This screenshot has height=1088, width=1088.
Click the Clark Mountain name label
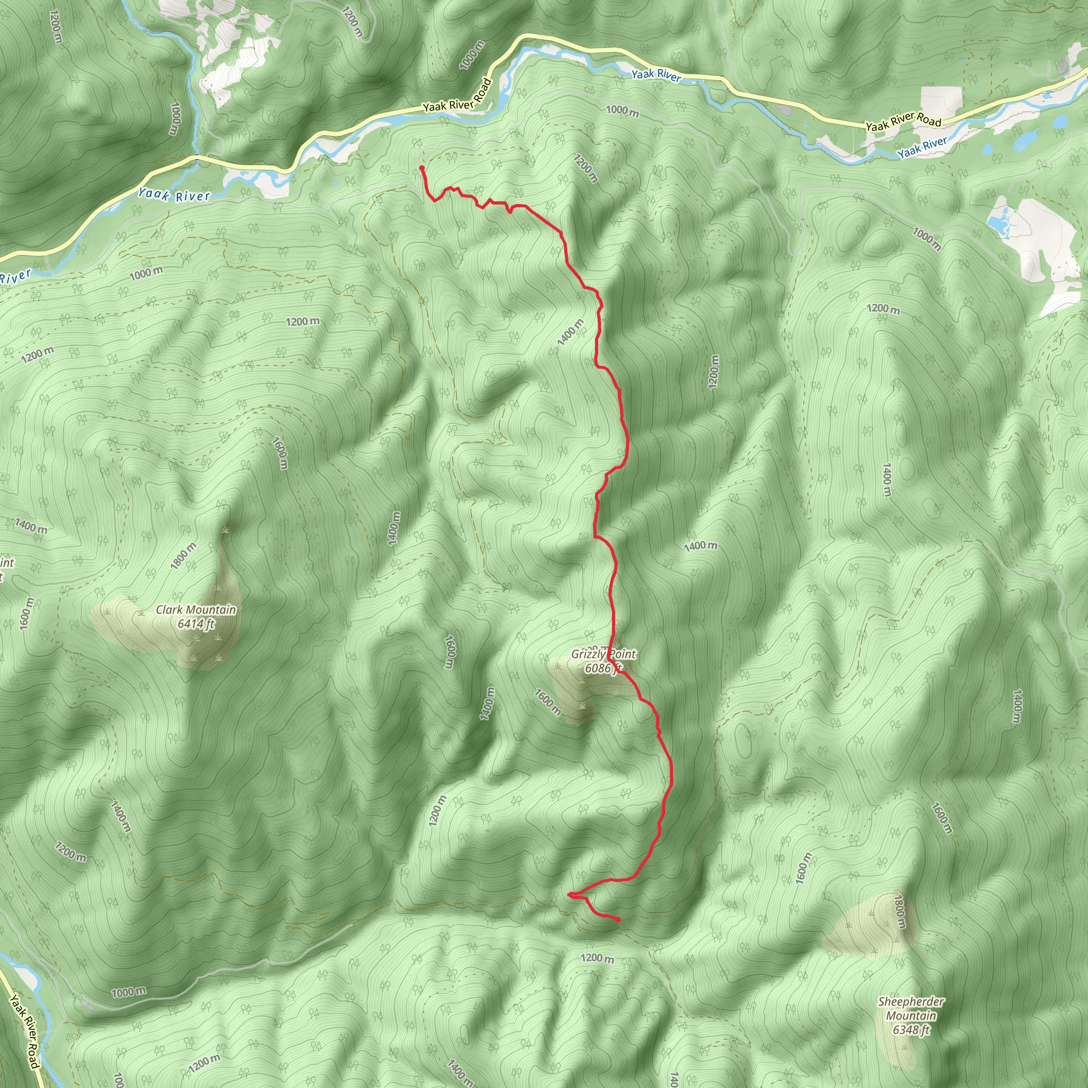196,609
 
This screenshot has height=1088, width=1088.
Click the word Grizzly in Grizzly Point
588,654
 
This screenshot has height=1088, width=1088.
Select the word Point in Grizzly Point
622,654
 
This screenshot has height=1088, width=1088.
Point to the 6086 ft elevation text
602,668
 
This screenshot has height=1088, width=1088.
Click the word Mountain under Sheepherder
911,1015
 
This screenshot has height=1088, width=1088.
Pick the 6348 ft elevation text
911,1030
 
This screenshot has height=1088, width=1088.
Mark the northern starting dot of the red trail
421,168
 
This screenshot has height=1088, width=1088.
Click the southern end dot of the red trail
618,920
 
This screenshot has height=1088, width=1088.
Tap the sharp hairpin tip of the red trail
570,894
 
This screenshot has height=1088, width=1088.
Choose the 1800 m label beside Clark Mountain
184,555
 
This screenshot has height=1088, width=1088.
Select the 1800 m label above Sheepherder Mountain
899,912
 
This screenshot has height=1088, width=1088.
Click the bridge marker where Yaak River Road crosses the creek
196,156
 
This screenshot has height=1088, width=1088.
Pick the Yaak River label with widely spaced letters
174,195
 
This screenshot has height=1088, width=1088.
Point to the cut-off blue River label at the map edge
14,276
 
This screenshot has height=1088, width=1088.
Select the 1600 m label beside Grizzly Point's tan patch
547,702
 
